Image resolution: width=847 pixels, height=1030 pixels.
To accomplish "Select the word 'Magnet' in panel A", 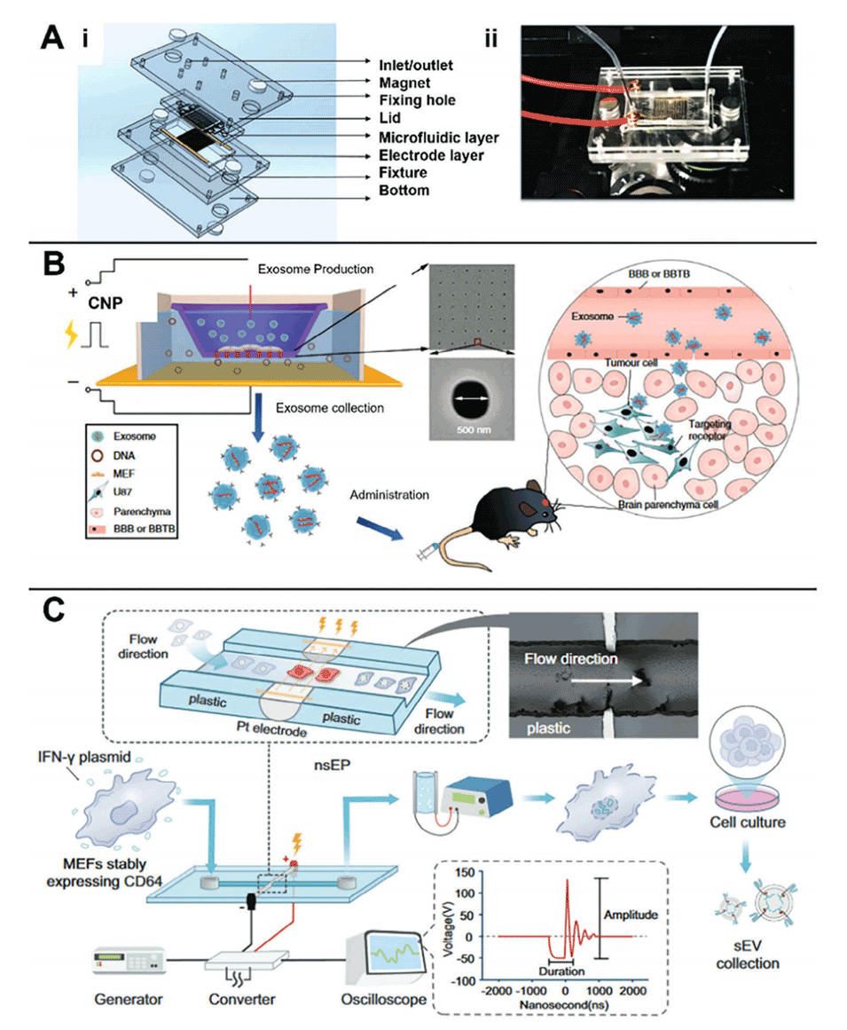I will click(391, 82).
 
